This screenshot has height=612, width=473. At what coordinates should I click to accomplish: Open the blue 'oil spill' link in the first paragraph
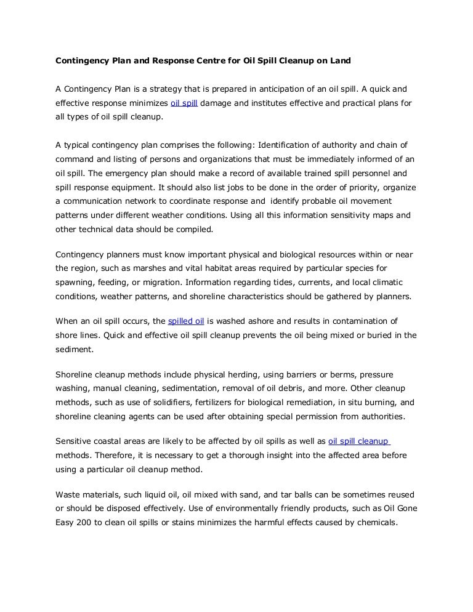[x=184, y=103]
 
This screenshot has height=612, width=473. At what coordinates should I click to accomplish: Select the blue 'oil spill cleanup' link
[x=358, y=441]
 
